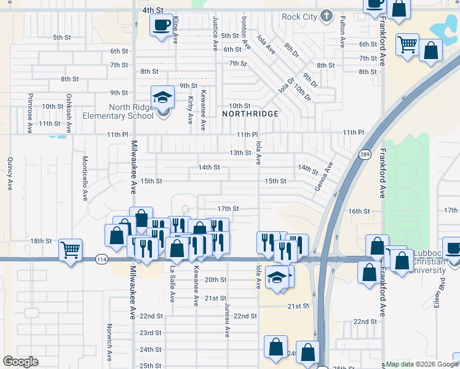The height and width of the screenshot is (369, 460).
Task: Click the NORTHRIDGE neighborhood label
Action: (x=250, y=114)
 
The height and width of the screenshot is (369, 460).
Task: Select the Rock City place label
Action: (x=299, y=17)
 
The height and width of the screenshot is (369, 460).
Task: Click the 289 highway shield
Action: (x=365, y=155)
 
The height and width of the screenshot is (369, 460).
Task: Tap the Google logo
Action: (x=20, y=362)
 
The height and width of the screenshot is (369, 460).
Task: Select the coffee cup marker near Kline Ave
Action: (x=162, y=25)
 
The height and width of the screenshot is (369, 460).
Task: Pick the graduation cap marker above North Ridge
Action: (x=163, y=97)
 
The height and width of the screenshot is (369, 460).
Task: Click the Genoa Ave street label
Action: (x=323, y=177)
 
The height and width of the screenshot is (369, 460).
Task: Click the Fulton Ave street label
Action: (x=343, y=32)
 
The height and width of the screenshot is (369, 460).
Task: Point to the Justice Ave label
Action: (x=215, y=34)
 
